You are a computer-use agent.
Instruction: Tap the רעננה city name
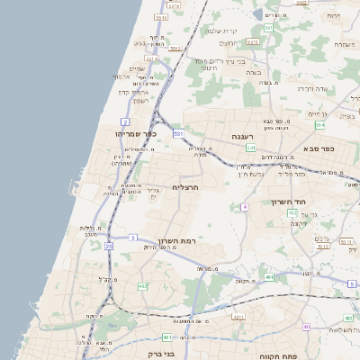point(240,136)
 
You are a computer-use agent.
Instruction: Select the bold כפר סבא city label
point(319,149)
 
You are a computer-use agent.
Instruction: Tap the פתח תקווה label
point(275,355)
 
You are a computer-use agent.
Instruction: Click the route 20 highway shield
point(108,245)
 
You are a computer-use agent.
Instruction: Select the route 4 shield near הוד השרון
point(244,207)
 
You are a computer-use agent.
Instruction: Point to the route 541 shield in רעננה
point(250,148)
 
